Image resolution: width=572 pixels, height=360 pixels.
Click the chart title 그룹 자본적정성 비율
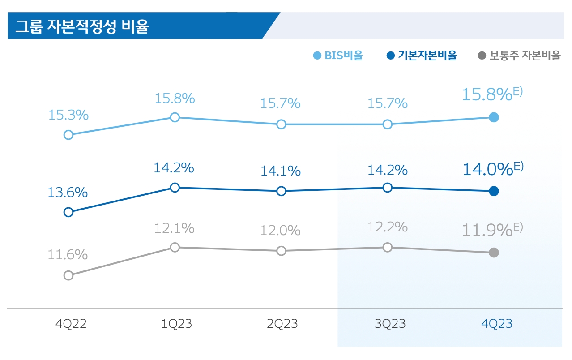tap(82, 26)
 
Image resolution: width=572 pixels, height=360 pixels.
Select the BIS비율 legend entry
tap(338, 56)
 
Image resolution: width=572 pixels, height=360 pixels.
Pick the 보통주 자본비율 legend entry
tap(519, 56)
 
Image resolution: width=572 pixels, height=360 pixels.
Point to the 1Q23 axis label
tap(176, 324)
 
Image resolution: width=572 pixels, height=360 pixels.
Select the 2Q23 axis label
tap(282, 324)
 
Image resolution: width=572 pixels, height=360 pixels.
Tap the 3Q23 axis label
tap(390, 324)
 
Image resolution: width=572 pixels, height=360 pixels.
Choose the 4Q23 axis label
tap(496, 324)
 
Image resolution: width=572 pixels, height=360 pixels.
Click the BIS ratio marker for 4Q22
tap(68, 135)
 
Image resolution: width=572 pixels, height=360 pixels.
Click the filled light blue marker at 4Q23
tap(494, 117)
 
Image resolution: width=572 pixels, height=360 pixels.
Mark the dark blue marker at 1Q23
tap(175, 188)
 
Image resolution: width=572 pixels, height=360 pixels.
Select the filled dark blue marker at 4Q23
tap(494, 191)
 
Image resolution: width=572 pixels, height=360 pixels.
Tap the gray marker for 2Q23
tap(281, 251)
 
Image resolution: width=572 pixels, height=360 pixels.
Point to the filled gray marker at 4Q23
tap(494, 253)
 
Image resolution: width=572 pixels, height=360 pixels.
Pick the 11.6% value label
tap(68, 255)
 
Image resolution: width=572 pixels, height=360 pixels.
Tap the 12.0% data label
tap(280, 231)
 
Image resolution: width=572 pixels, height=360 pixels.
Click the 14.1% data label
tap(280, 171)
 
